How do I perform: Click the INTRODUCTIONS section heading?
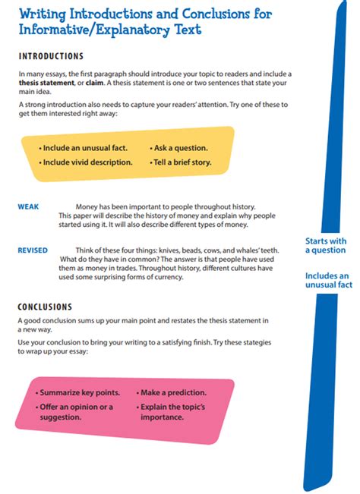tap(50, 56)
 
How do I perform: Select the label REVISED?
tap(33, 250)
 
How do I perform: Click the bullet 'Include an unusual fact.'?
tap(84, 148)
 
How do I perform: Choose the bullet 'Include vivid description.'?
tap(87, 162)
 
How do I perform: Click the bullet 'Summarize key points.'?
tap(80, 393)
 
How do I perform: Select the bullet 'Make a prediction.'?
tap(172, 393)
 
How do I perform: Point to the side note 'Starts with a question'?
tap(325, 245)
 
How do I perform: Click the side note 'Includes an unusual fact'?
tap(328, 280)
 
